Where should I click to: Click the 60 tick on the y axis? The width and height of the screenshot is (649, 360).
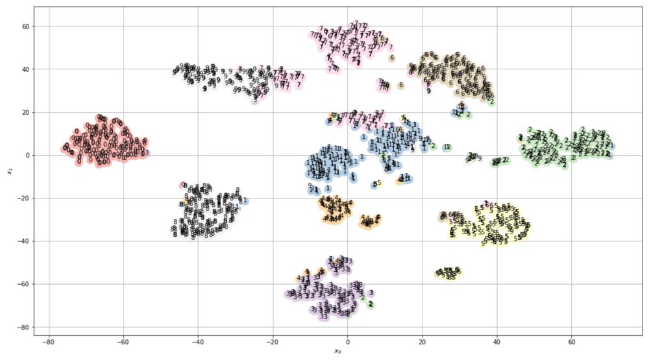tap(25, 27)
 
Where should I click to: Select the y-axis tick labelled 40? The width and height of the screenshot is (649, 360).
tap(25, 69)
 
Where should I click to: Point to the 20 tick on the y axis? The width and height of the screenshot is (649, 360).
tap(25, 112)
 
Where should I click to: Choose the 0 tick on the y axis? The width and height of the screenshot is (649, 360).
tap(27, 155)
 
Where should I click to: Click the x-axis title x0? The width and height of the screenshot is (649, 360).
tap(337, 352)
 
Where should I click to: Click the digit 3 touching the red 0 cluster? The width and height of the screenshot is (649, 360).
tap(147, 153)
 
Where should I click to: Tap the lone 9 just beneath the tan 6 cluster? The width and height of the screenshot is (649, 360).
tap(428, 91)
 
